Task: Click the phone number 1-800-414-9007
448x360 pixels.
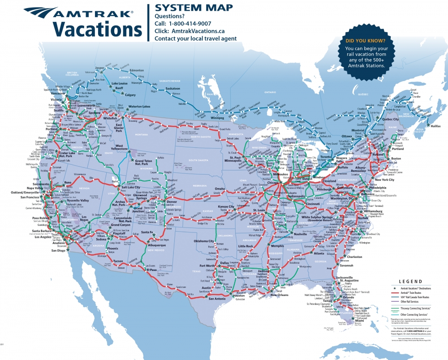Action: [196, 23]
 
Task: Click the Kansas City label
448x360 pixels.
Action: [226, 207]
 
